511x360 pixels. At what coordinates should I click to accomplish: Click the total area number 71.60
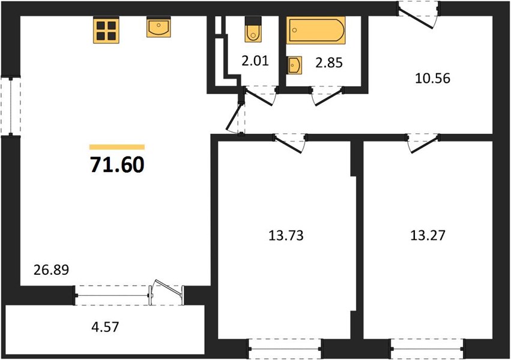point(117,165)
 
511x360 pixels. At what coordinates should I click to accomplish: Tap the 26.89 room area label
point(52,270)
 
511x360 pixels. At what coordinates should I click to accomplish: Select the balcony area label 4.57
point(105,327)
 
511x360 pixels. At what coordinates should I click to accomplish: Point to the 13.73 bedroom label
point(286,235)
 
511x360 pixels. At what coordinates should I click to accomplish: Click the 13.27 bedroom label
point(428,235)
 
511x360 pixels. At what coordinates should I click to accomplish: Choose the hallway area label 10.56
point(432,78)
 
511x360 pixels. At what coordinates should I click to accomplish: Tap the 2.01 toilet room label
point(255,61)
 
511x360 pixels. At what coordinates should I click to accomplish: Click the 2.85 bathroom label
point(329,63)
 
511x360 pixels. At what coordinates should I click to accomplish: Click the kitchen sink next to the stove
point(159,27)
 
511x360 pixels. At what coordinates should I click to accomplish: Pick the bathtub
point(316,30)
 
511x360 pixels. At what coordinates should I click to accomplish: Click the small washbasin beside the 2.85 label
point(294,65)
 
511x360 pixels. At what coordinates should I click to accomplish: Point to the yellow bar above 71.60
point(117,147)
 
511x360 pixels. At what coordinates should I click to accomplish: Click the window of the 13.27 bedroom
point(428,349)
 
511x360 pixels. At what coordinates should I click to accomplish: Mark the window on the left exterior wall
point(11,106)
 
